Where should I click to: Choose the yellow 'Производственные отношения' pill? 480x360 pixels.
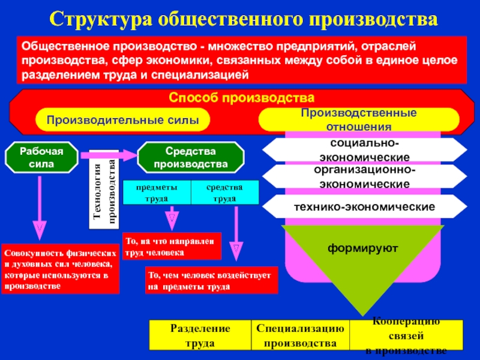(358, 120)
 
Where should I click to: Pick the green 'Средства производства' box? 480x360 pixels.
(190, 157)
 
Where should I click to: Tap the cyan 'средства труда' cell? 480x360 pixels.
(224, 192)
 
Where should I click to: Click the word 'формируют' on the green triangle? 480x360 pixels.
(362, 247)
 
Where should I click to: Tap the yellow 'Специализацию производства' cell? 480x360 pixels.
(300, 335)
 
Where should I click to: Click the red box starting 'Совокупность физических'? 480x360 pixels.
(60, 268)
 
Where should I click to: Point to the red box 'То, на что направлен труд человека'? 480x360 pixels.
(172, 246)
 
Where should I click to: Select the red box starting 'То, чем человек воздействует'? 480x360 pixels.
(212, 280)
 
